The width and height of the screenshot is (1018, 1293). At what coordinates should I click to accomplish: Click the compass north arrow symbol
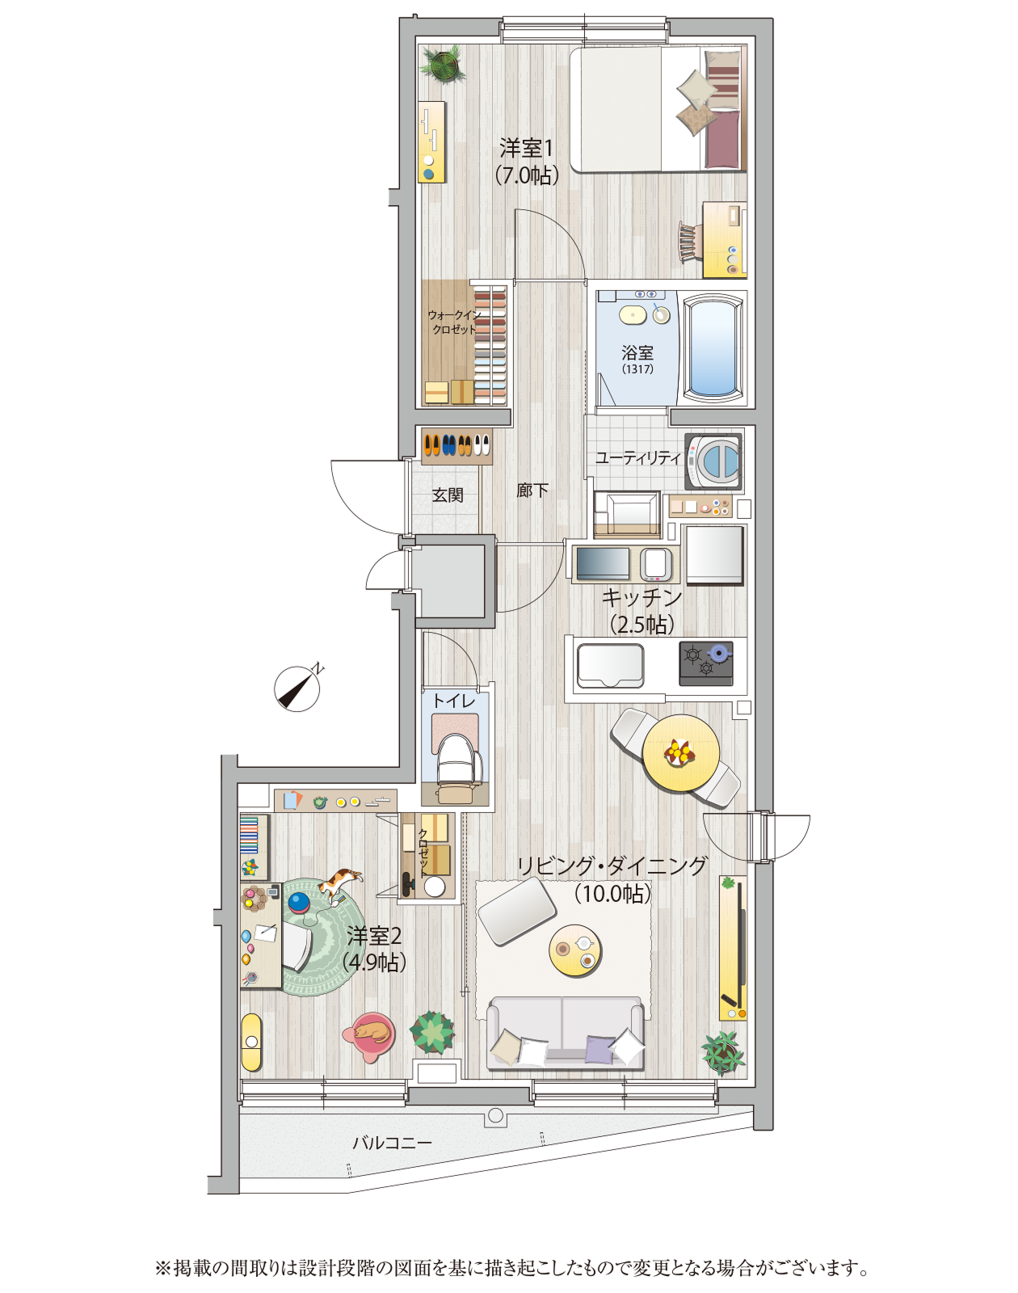[x=297, y=688]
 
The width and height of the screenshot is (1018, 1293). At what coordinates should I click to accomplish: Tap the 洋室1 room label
[x=526, y=148]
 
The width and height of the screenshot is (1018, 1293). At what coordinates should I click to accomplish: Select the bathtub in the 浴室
[x=713, y=347]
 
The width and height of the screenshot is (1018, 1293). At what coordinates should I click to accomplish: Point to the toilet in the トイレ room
[x=459, y=767]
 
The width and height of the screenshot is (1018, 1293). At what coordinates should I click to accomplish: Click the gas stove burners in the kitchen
[x=706, y=663]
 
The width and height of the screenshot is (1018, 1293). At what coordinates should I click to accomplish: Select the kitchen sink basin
[x=610, y=666]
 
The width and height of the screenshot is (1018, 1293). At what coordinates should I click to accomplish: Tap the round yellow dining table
[x=681, y=752]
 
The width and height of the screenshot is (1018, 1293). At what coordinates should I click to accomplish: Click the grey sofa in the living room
[x=565, y=1033]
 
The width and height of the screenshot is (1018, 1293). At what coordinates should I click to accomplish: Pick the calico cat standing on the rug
[x=339, y=884]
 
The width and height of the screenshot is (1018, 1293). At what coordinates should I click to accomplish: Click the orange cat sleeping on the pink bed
[x=372, y=1032]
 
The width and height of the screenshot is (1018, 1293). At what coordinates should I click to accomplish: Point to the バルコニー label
[x=392, y=1142]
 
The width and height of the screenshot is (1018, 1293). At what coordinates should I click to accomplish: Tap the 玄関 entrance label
[x=448, y=495]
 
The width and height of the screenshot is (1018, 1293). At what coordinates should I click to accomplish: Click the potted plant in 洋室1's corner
[x=444, y=63]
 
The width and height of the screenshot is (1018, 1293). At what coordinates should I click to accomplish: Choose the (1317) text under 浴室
[x=637, y=369]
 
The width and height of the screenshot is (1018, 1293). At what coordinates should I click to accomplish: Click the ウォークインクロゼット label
[x=454, y=322]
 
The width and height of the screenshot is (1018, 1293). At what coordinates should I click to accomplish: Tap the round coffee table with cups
[x=575, y=950]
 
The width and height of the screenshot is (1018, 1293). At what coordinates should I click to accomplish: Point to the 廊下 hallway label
[x=532, y=491]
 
